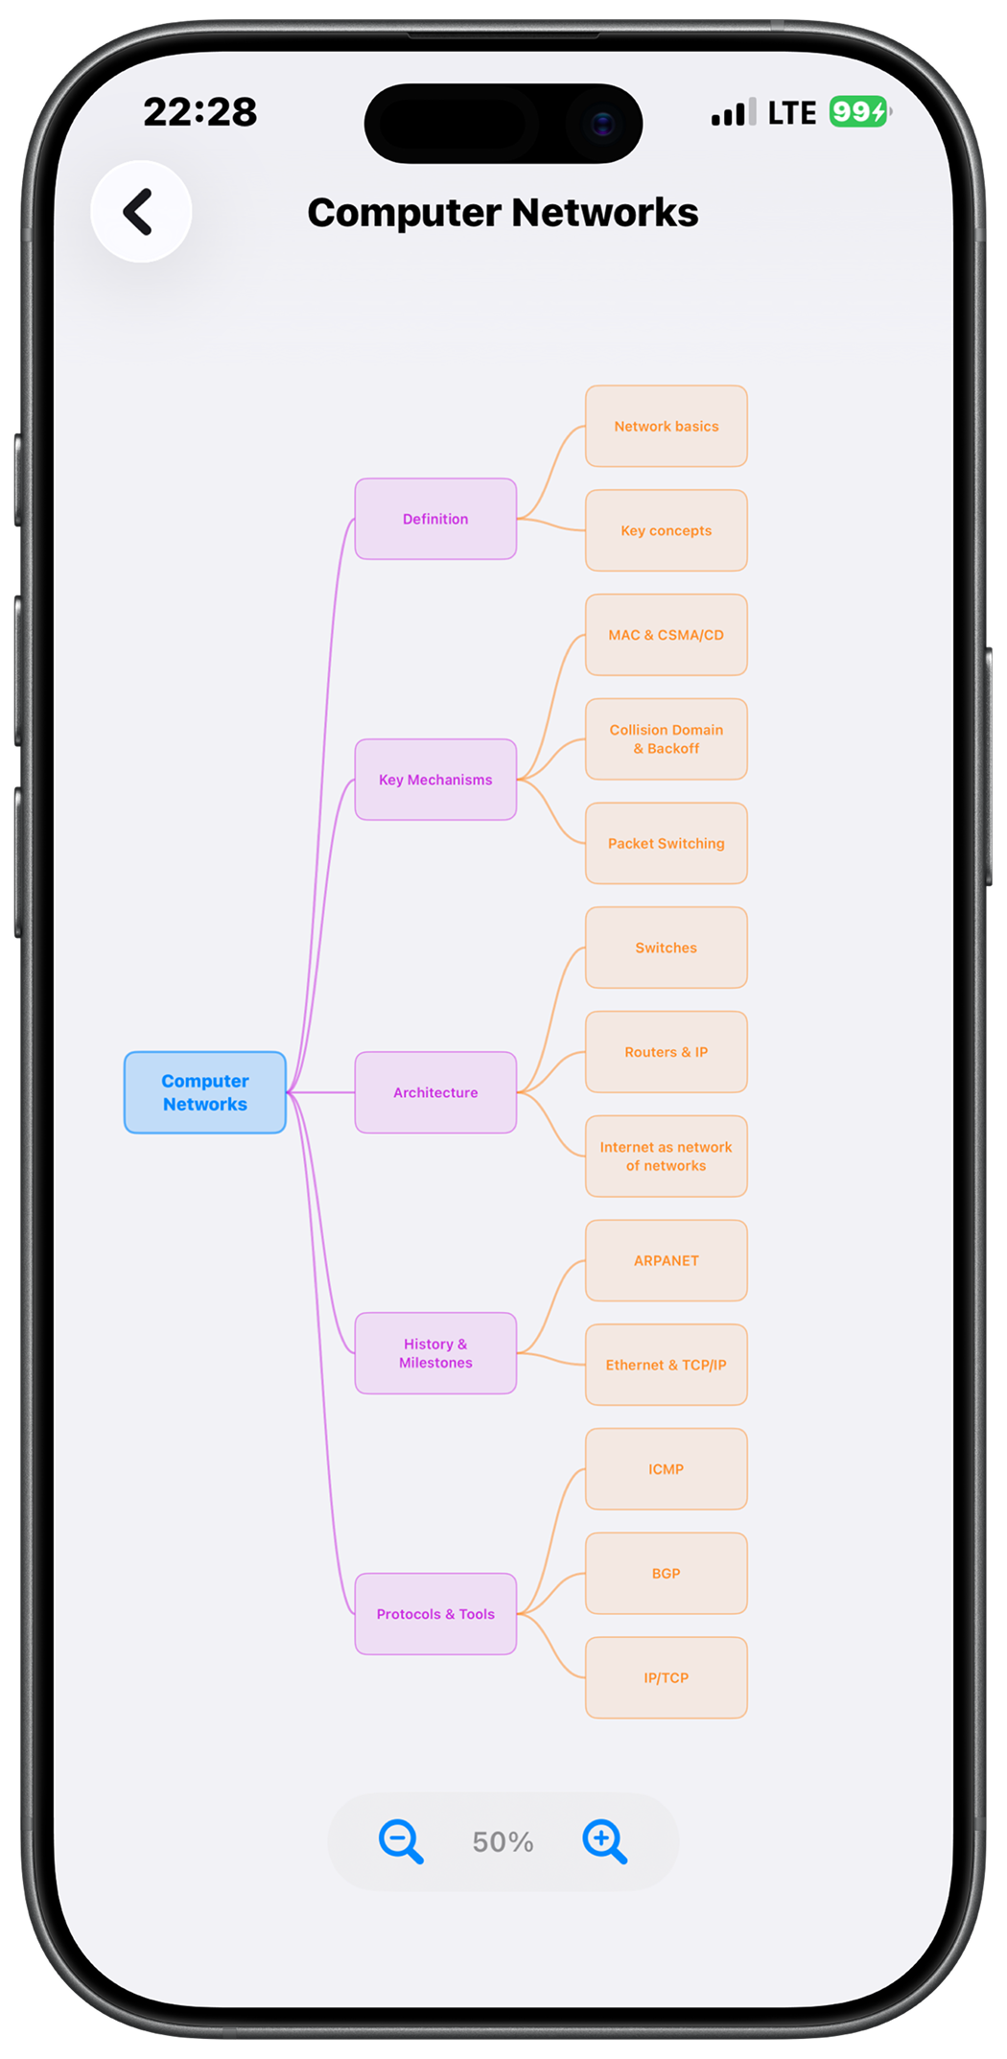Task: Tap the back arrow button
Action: pyautogui.click(x=141, y=212)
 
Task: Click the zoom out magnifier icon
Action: pyautogui.click(x=400, y=1840)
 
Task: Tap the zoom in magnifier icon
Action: pyautogui.click(x=604, y=1840)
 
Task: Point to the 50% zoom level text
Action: pyautogui.click(x=503, y=1841)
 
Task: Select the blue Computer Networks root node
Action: pyautogui.click(x=205, y=1092)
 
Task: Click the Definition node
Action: pyautogui.click(x=435, y=519)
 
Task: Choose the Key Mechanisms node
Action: pyautogui.click(x=435, y=780)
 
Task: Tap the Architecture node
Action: pyautogui.click(x=435, y=1092)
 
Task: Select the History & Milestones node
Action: pyautogui.click(x=435, y=1353)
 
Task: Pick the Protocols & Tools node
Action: pyautogui.click(x=435, y=1614)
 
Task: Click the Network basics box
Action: pyautogui.click(x=667, y=427)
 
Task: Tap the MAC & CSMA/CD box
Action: pyautogui.click(x=667, y=635)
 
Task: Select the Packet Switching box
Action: pyautogui.click(x=667, y=844)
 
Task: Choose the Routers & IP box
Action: pyautogui.click(x=667, y=1052)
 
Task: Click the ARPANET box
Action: pyautogui.click(x=667, y=1261)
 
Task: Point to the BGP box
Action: pyautogui.click(x=667, y=1574)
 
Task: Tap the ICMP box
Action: pyautogui.click(x=667, y=1469)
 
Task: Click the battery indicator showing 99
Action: pyautogui.click(x=859, y=112)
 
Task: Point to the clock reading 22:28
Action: pyautogui.click(x=200, y=112)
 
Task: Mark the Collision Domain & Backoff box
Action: pyautogui.click(x=667, y=739)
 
